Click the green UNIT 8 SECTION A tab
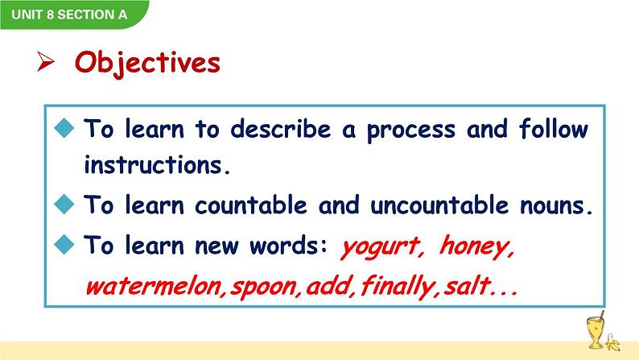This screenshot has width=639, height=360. pos(73,14)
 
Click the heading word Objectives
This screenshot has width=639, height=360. pos(147,63)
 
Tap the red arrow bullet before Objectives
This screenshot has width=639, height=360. pos(45,61)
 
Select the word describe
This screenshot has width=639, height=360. pos(280,129)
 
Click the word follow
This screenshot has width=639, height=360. pos(554,129)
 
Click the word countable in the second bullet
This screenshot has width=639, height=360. pos(250,205)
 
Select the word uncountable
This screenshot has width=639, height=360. pos(439,205)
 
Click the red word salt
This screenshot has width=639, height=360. pos(467,285)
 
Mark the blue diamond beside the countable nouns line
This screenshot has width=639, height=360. pos(64,204)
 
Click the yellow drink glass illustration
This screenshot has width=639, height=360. pos(596,330)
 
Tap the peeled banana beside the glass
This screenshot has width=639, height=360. pos(612,342)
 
